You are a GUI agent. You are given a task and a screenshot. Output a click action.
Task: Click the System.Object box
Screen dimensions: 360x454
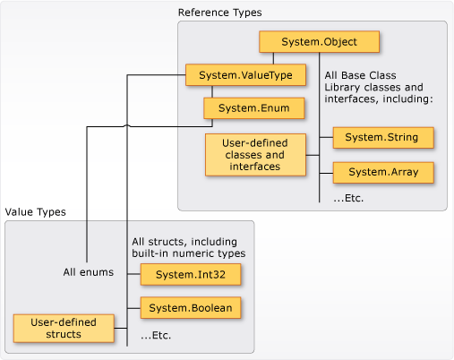[x=320, y=42]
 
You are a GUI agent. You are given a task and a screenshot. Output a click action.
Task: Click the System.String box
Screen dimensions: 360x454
[x=382, y=139]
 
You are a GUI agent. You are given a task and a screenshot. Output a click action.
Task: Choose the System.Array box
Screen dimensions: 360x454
[x=382, y=172]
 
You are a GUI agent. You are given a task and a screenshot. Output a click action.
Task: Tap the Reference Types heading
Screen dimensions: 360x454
[x=215, y=13]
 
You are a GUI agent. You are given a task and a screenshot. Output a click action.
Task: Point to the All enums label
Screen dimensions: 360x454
[x=88, y=272]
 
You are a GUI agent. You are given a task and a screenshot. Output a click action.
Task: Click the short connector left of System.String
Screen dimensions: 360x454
[x=326, y=139]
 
